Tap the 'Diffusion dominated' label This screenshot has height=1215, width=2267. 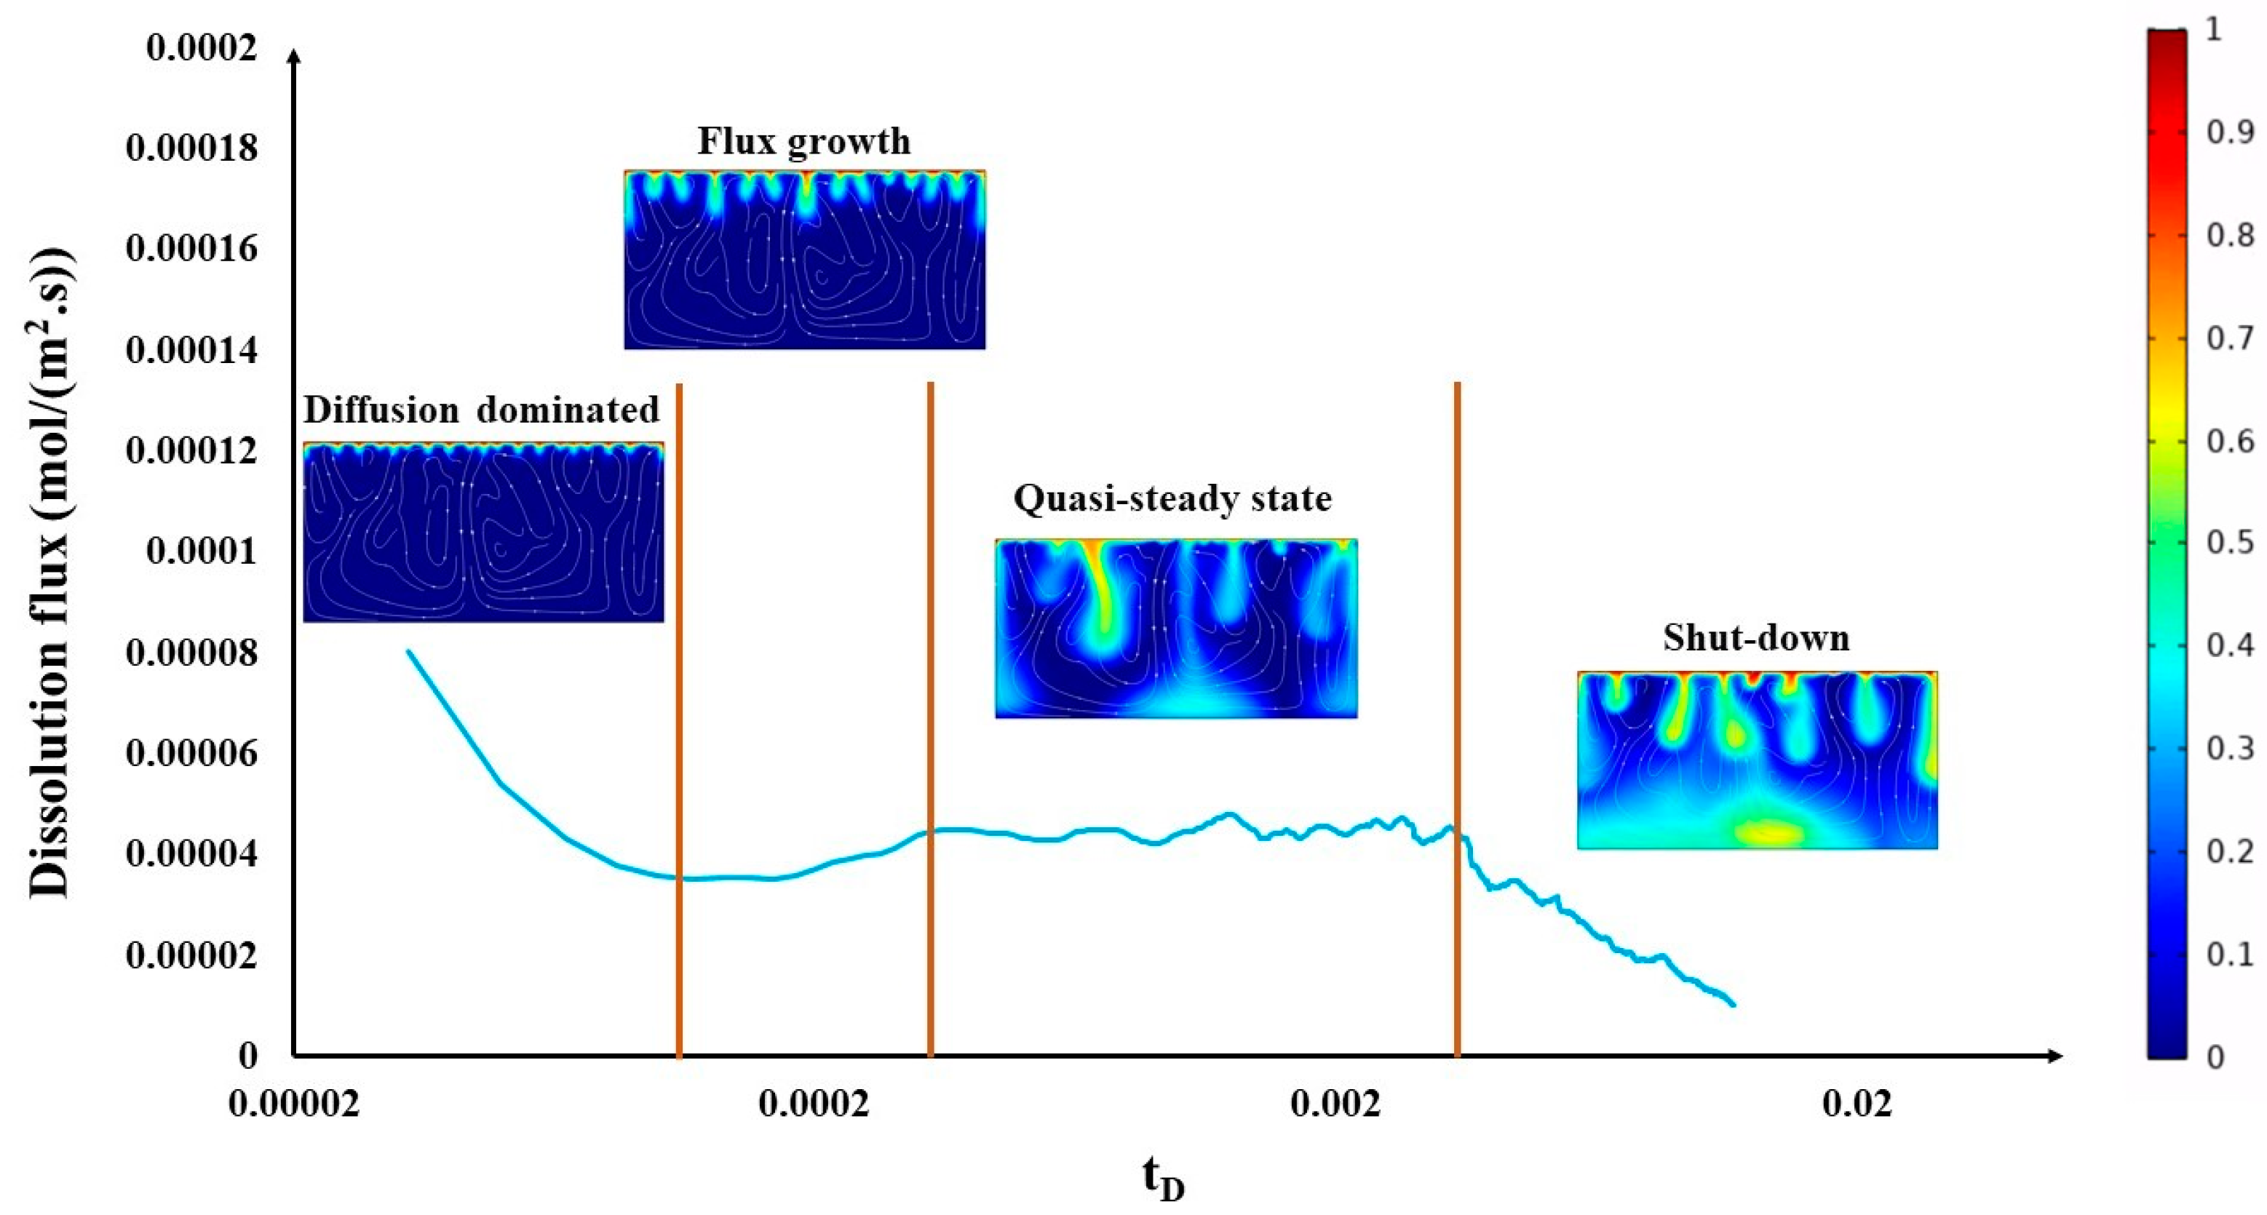click(481, 410)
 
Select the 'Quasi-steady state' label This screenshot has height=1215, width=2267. click(1172, 499)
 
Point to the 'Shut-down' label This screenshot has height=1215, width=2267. click(1755, 638)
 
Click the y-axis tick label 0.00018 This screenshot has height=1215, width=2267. click(191, 148)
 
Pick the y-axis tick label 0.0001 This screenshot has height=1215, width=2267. click(202, 551)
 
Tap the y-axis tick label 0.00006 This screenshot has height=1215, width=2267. click(191, 753)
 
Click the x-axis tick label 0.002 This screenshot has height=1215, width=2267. click(1335, 1103)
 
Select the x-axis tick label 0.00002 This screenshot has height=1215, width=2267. click(294, 1103)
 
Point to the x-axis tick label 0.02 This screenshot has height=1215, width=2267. click(1857, 1103)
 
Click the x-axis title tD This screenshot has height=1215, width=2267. click(1164, 1179)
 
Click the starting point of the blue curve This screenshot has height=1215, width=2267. click(408, 652)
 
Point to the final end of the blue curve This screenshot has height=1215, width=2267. click(1733, 1004)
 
